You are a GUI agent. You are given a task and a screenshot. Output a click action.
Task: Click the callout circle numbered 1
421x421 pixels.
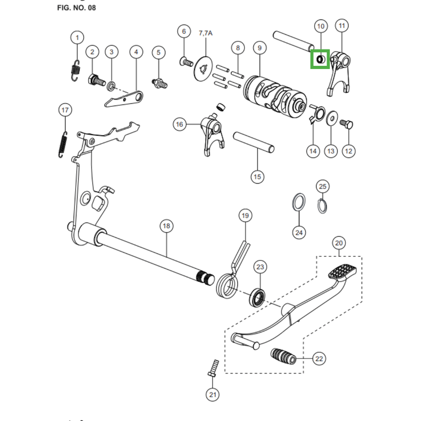(x=77, y=37)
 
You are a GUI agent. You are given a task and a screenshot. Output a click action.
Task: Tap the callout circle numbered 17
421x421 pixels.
(x=65, y=110)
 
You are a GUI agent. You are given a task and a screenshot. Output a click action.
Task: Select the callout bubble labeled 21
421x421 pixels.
(x=213, y=395)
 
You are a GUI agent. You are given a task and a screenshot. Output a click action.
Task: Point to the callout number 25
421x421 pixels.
(x=323, y=186)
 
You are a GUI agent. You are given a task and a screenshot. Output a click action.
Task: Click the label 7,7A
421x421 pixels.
(x=206, y=33)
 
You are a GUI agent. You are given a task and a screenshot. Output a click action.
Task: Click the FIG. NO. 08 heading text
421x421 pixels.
(x=76, y=7)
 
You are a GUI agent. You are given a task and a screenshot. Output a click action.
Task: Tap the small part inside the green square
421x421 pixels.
(x=320, y=59)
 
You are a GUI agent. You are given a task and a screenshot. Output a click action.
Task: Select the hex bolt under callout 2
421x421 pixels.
(x=97, y=80)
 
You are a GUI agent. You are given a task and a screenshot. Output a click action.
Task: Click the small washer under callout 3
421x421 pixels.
(x=111, y=86)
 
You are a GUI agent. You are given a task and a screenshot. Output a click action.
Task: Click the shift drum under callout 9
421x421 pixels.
(x=275, y=96)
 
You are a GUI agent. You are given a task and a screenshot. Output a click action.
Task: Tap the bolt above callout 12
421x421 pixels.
(x=347, y=124)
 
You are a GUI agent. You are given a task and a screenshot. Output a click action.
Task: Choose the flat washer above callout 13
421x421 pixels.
(x=332, y=118)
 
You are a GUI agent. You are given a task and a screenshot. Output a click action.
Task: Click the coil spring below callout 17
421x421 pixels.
(x=63, y=144)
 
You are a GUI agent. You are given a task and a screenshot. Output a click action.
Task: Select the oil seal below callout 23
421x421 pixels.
(x=257, y=297)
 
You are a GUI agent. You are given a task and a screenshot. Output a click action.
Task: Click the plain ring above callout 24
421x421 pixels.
(x=298, y=202)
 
